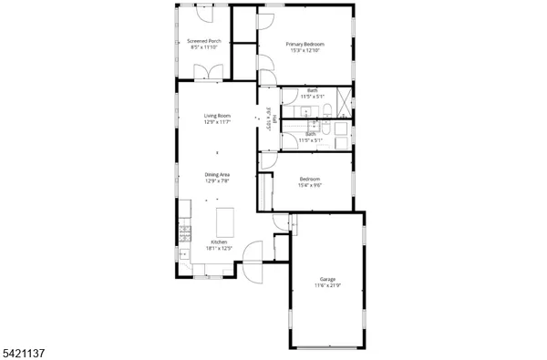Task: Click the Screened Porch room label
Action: coord(203,41)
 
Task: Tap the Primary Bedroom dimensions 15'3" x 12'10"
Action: coord(305,50)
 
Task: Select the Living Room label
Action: coord(217,116)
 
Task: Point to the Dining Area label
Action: coord(217,175)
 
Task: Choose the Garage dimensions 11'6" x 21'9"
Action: coord(328,286)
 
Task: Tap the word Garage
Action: coord(328,279)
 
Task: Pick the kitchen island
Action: coord(224,221)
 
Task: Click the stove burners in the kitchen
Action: coord(184,233)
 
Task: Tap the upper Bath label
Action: coord(312,89)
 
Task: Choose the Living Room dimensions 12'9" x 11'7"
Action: coord(217,122)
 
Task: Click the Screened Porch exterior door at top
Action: coord(208,15)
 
